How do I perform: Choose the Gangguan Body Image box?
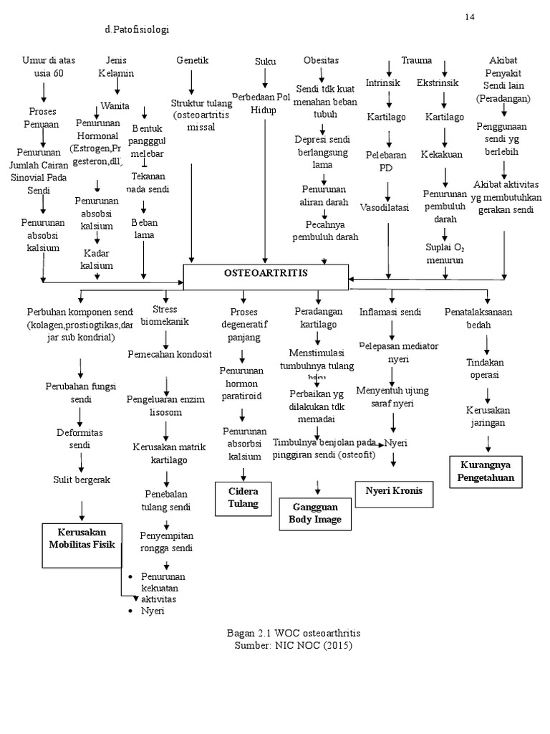tap(315, 513)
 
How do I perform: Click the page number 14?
tap(470, 16)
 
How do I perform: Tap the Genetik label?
tap(192, 61)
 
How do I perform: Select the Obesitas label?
tap(321, 60)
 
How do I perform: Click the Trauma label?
tap(417, 60)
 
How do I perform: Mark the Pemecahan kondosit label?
tap(170, 354)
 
